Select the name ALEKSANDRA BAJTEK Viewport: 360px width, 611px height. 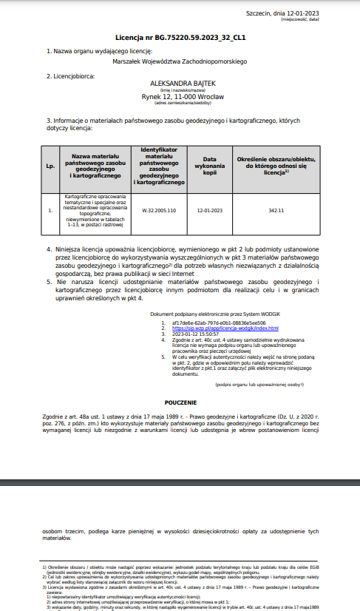point(180,84)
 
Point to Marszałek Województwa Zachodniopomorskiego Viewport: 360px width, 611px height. point(180,63)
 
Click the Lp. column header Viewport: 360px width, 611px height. point(50,165)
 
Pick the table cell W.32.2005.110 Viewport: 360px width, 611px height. point(159,210)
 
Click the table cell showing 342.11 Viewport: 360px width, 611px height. point(276,210)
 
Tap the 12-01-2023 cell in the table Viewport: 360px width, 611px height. point(209,210)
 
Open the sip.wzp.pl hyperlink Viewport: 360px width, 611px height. point(225,328)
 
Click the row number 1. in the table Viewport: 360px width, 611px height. point(50,210)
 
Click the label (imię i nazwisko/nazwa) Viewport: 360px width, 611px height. point(180,91)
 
